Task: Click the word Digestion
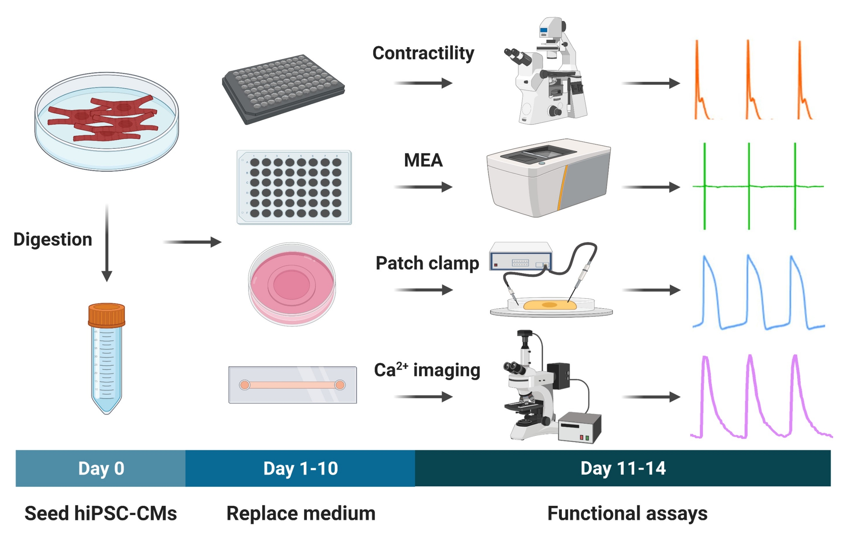53,240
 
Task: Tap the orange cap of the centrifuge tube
106,315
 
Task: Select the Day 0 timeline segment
101,468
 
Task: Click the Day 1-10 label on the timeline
301,468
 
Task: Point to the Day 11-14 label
623,468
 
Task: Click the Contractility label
423,53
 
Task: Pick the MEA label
423,160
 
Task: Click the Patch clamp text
427,263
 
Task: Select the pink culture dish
292,283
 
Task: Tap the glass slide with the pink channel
292,385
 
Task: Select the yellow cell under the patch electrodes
549,305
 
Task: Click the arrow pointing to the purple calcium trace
651,397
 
